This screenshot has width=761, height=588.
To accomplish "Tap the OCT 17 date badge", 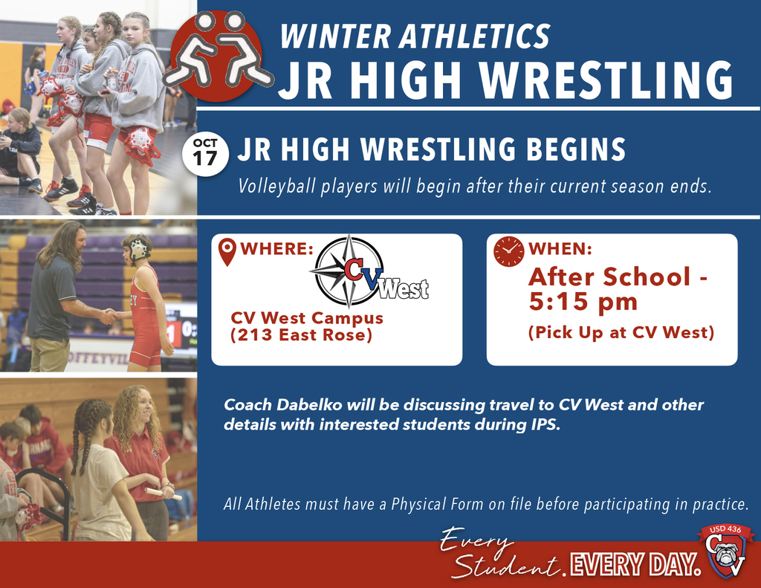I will pyautogui.click(x=204, y=152).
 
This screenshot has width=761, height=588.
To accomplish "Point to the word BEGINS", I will pyautogui.click(x=577, y=150).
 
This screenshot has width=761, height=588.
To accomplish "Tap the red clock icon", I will pyautogui.click(x=508, y=251).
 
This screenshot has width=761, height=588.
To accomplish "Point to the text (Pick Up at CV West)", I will pyautogui.click(x=621, y=332).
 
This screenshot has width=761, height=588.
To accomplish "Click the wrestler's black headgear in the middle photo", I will pyautogui.click(x=138, y=248).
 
